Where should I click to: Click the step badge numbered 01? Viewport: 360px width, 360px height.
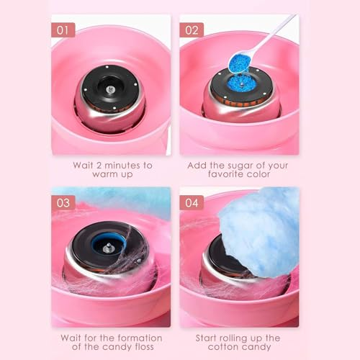(63, 30)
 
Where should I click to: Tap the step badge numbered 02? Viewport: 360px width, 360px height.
(192, 30)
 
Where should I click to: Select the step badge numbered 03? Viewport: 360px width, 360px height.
(63, 202)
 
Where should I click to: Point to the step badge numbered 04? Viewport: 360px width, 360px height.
(192, 202)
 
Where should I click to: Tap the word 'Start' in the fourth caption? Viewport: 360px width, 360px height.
(211, 337)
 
